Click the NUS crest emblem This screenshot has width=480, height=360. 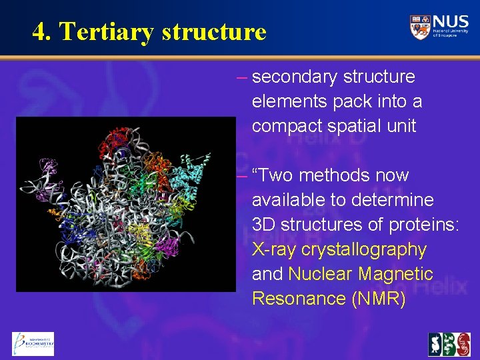(420, 27)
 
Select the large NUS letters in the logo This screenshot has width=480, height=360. (450, 22)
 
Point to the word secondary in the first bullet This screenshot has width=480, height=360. (296, 77)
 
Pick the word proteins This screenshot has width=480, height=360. (423, 225)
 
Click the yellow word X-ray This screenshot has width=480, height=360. (274, 249)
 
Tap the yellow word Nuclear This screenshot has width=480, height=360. (320, 274)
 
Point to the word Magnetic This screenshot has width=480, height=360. (395, 274)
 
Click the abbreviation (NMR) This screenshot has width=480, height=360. (377, 299)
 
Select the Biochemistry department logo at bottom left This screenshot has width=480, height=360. (32, 343)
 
